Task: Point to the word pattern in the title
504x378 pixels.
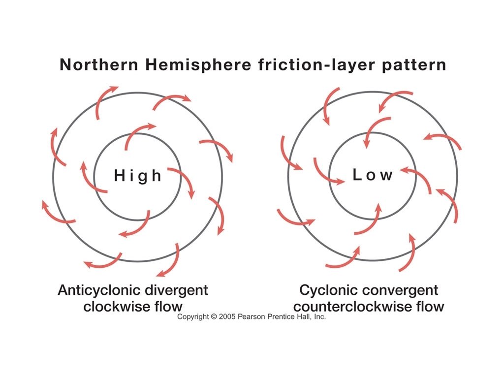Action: (x=415, y=65)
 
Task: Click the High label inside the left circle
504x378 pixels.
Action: (x=138, y=176)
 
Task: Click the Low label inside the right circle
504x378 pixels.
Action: (x=373, y=175)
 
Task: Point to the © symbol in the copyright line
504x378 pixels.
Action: (x=214, y=317)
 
